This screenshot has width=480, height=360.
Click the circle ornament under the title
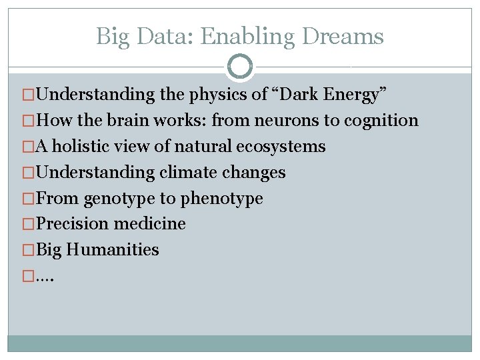[240, 67]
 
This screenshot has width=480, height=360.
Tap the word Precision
[73, 224]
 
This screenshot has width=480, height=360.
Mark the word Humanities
[113, 250]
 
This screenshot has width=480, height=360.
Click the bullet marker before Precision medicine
[27, 224]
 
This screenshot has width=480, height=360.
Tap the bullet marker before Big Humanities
[27, 250]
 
